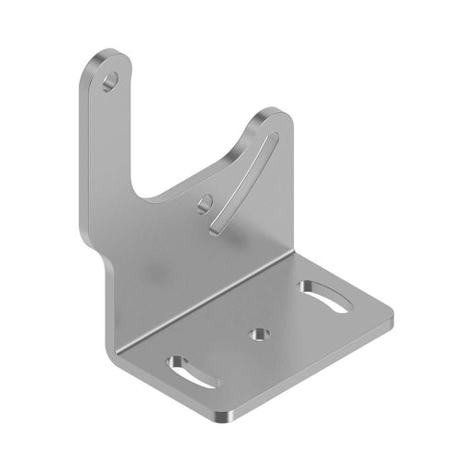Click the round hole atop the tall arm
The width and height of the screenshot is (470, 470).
(x=111, y=81)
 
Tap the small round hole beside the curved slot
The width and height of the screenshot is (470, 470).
(x=205, y=203)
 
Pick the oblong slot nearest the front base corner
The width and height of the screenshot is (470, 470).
(x=193, y=371)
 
